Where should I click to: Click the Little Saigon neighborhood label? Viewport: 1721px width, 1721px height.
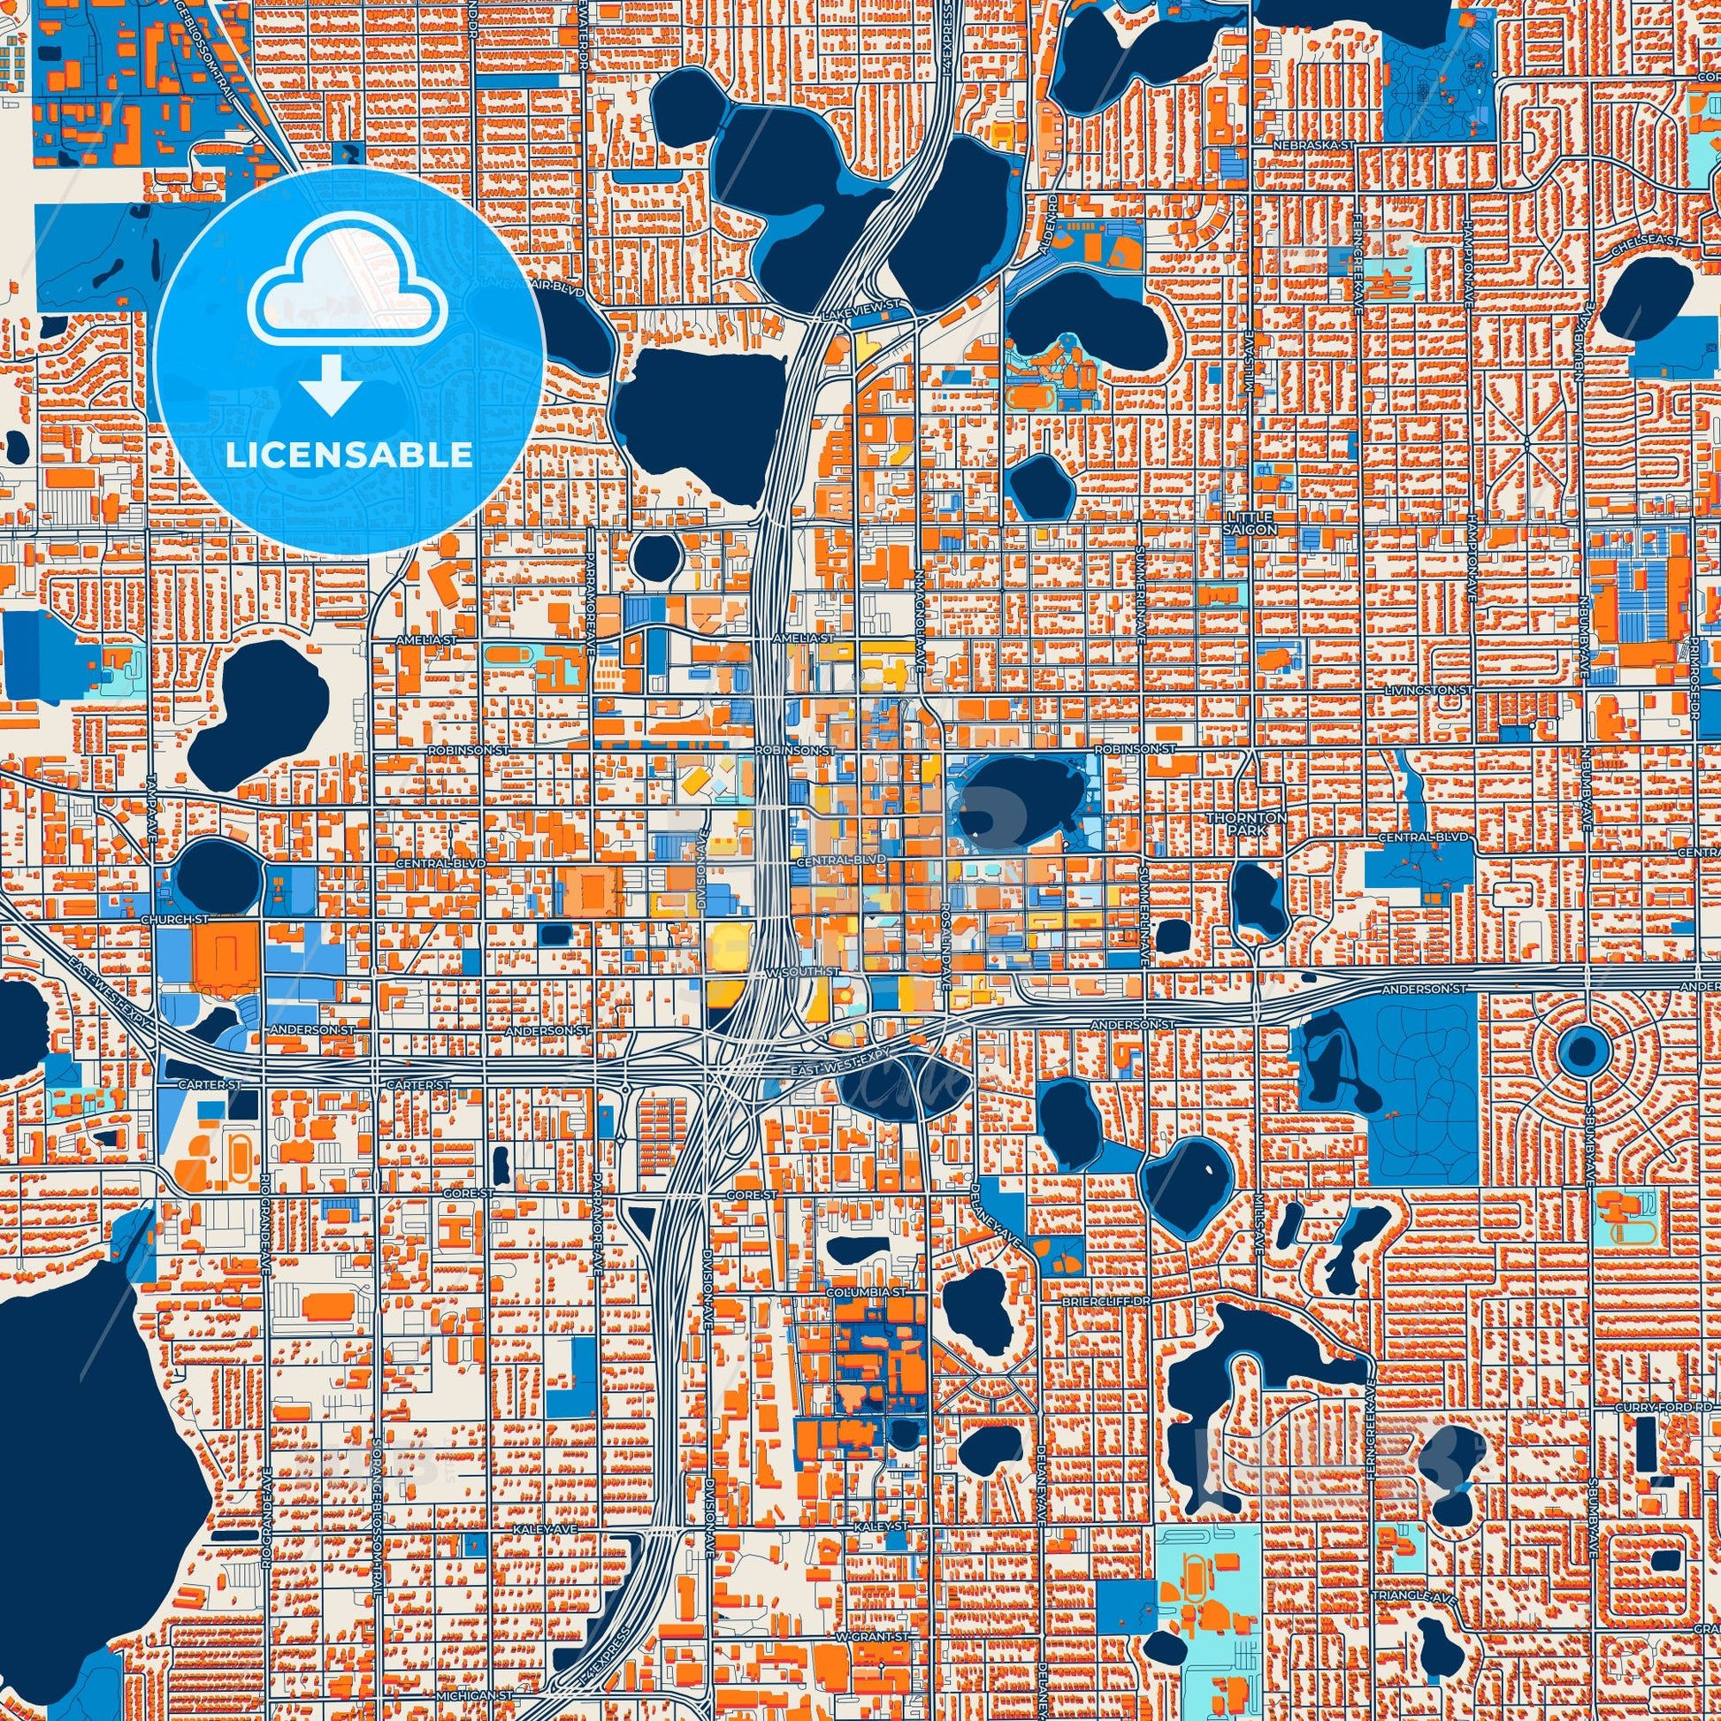tap(1251, 523)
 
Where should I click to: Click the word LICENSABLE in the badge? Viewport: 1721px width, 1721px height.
tap(348, 455)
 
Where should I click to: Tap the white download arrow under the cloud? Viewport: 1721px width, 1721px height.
tap(331, 383)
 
